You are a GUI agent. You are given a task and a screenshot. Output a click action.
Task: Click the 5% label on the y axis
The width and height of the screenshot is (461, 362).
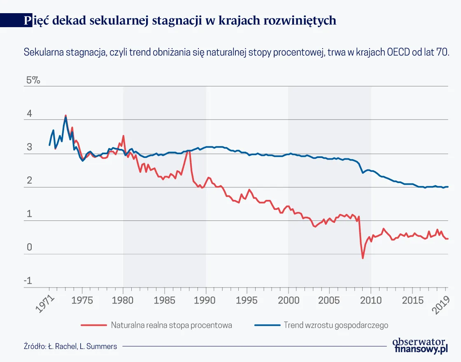click(x=33, y=81)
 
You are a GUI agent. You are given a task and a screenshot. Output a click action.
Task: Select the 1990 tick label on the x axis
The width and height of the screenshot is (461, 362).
click(x=206, y=300)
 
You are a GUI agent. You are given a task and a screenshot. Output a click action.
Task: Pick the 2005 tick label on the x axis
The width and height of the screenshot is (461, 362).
click(x=329, y=300)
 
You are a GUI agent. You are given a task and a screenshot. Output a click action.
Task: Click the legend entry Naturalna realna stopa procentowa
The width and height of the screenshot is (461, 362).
click(x=171, y=325)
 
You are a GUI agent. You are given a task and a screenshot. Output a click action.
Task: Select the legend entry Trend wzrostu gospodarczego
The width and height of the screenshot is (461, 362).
click(x=336, y=325)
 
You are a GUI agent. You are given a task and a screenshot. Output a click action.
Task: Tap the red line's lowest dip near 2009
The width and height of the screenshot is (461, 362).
click(x=363, y=258)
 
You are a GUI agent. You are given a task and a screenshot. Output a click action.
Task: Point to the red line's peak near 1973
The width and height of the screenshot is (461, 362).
click(x=65, y=116)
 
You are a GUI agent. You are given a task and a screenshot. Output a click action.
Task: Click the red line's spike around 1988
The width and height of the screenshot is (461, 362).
click(x=189, y=151)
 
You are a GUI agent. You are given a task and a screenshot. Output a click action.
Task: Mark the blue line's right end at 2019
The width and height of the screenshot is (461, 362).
click(x=447, y=187)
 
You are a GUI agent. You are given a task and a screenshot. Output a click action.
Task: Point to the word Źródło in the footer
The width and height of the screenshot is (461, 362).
click(x=34, y=346)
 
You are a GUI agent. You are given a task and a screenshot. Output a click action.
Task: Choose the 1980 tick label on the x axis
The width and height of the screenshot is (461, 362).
click(x=123, y=300)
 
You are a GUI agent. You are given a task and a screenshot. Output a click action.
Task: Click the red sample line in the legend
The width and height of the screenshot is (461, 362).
click(x=94, y=325)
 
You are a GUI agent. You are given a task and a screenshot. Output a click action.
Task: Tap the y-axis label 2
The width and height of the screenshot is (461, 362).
click(x=29, y=181)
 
